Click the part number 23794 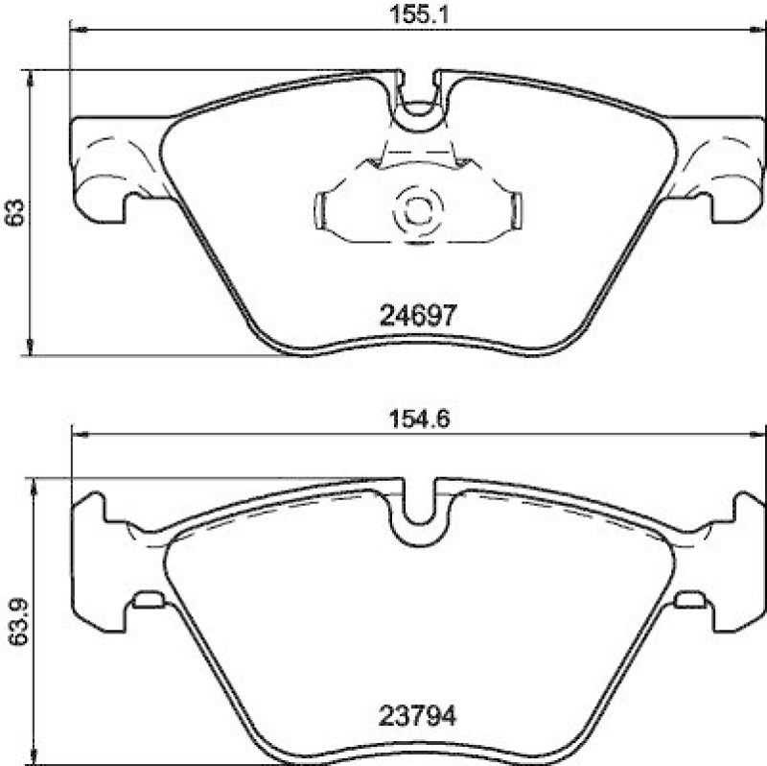tap(417, 715)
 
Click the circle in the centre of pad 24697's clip tap(417, 210)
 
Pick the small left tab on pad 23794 tap(148, 601)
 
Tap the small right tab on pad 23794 tap(687, 601)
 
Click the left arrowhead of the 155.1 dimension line tap(79, 32)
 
